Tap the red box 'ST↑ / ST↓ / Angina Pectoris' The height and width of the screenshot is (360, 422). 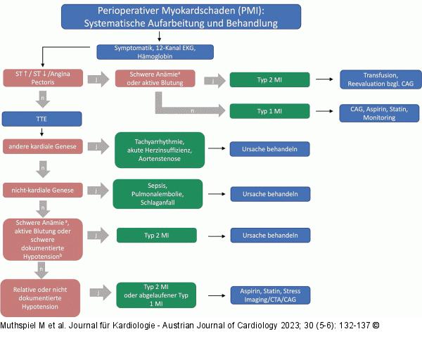[x=43, y=79]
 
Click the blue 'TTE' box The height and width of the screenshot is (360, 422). [x=43, y=118]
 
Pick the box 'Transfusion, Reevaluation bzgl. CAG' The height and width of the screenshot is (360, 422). [x=380, y=79]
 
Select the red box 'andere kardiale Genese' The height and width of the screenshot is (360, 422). [x=43, y=146]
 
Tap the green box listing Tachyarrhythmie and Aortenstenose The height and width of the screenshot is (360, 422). [x=159, y=150]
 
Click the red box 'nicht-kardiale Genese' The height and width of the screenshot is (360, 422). [x=43, y=189]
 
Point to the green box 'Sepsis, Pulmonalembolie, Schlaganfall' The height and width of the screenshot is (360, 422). [x=158, y=193]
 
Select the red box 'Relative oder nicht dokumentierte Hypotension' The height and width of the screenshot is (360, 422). [x=41, y=297]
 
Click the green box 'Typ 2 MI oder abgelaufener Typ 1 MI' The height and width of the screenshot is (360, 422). [x=155, y=294]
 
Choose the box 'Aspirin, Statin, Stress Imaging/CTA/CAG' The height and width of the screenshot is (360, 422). [x=269, y=295]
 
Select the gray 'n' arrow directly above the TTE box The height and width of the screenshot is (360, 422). [x=43, y=99]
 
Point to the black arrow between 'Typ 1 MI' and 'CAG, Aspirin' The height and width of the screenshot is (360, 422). [x=324, y=112]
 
